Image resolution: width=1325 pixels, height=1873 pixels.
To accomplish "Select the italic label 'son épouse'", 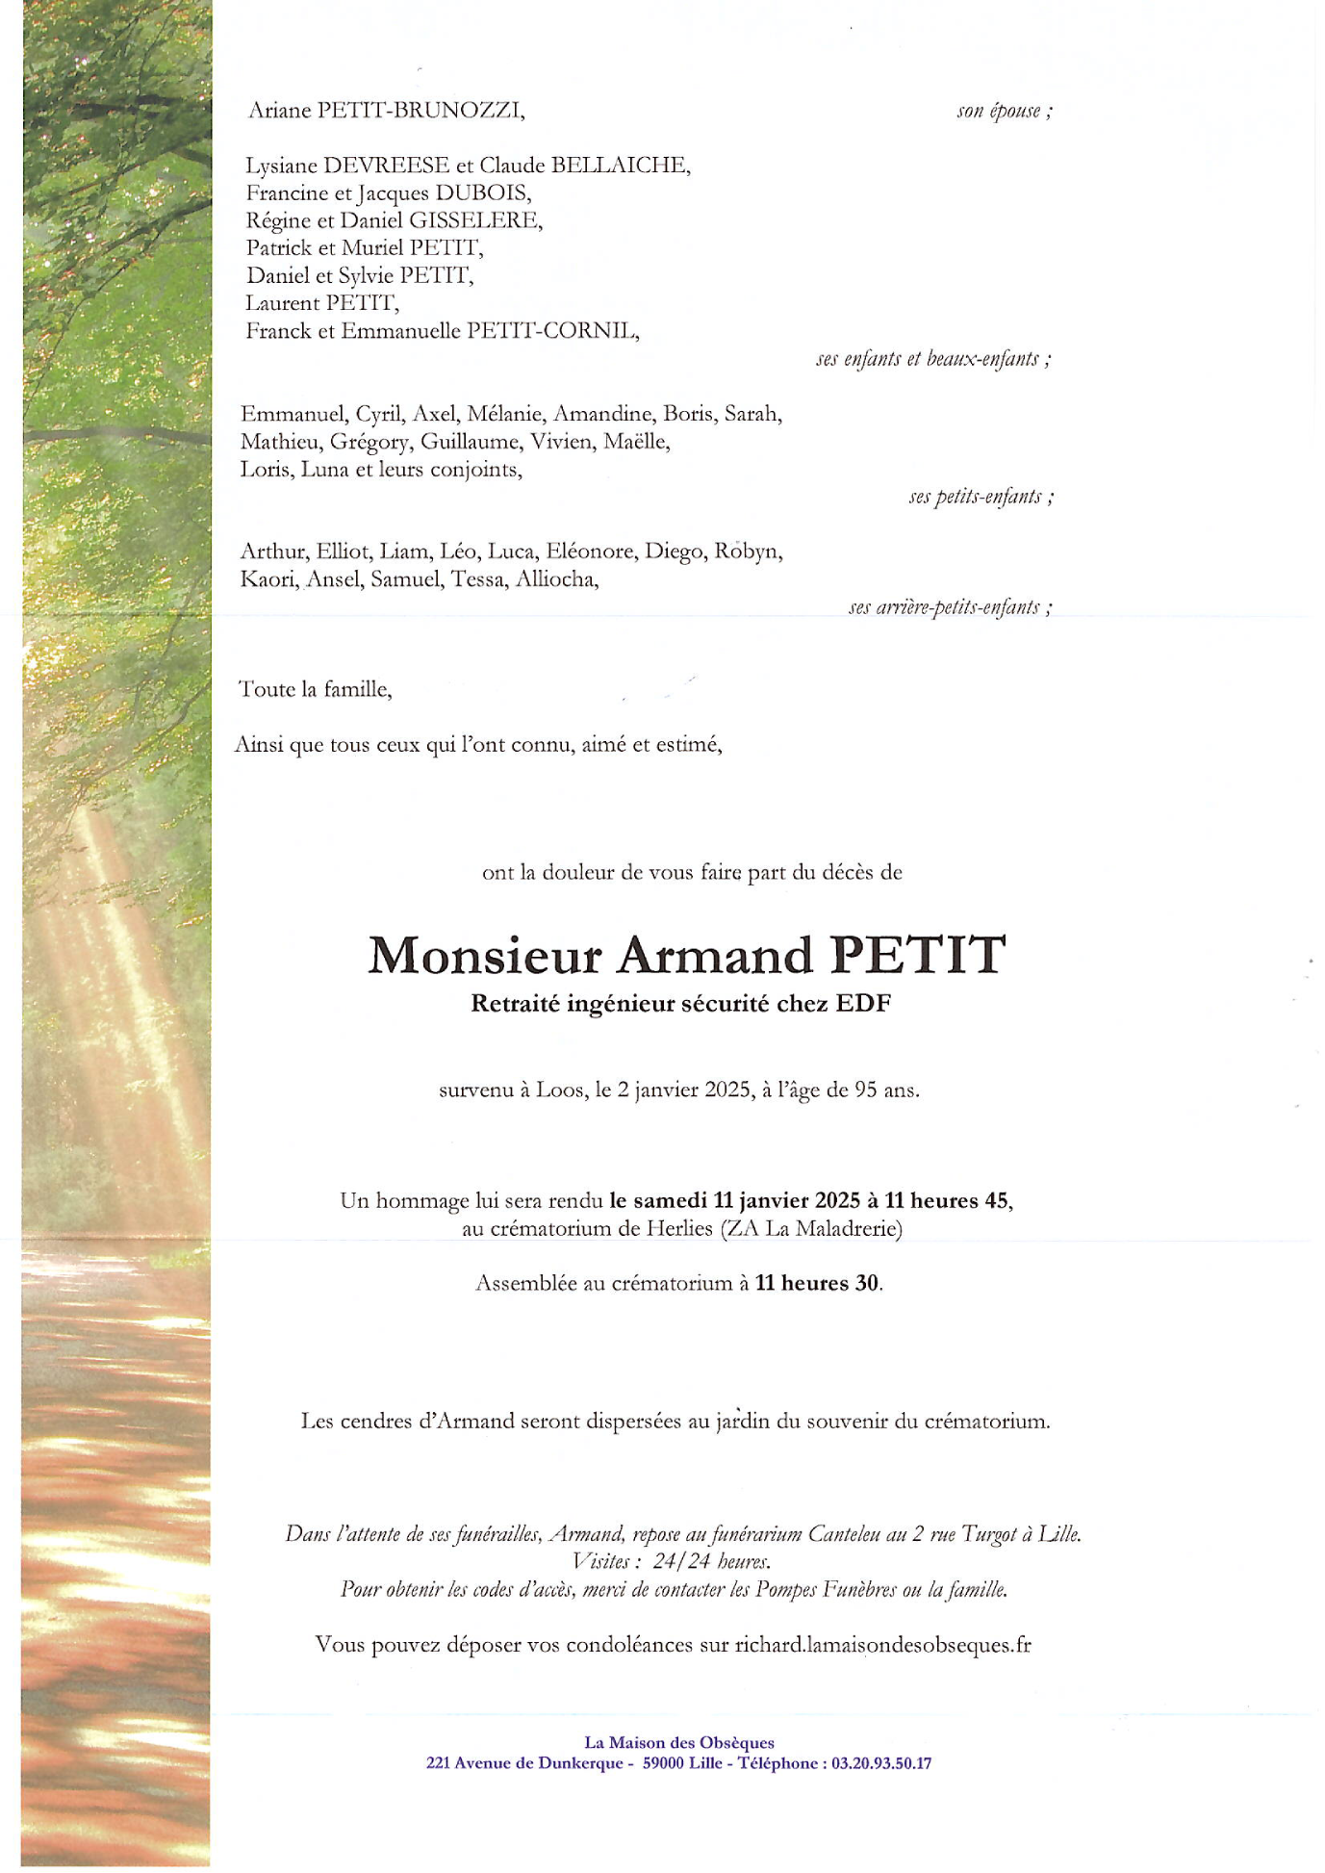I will click(x=1000, y=112).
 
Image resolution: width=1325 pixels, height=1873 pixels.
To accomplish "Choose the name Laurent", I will click(x=282, y=303).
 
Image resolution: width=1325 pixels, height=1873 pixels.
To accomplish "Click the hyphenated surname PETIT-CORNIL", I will click(x=552, y=331).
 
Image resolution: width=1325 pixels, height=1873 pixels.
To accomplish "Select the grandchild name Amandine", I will click(x=605, y=414).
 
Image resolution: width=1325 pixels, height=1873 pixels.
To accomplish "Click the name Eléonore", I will click(x=591, y=552).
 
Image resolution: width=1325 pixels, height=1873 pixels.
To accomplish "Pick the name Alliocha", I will click(x=556, y=579).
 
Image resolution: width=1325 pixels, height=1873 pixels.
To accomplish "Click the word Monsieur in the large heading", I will click(x=485, y=955).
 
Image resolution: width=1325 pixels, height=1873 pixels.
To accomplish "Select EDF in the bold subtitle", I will click(x=863, y=1004).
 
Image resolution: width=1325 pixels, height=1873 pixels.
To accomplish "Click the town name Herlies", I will click(x=679, y=1229).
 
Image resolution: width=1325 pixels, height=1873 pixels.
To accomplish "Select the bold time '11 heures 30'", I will click(x=817, y=1283).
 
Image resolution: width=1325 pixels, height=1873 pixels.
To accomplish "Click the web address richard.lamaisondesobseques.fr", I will click(x=882, y=1645).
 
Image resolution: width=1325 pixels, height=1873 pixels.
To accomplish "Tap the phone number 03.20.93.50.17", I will click(x=881, y=1763).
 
